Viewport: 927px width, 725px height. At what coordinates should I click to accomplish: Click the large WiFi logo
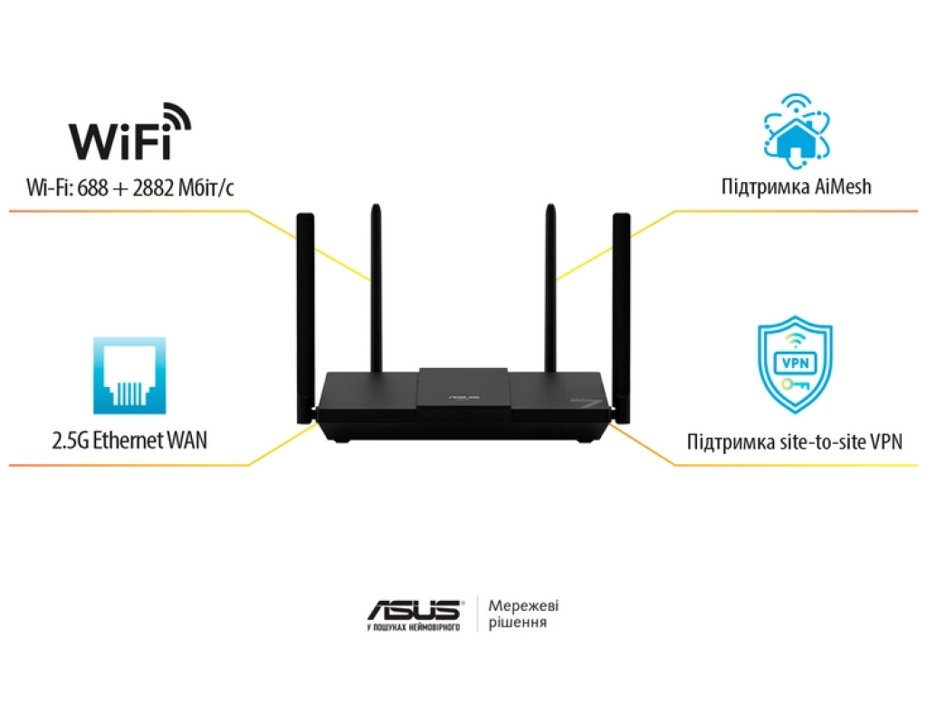coord(130,136)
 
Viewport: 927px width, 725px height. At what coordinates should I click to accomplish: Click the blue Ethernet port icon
coord(129,376)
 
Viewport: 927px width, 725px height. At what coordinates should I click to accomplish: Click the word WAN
coord(186,441)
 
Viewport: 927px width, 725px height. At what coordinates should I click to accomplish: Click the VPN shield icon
coord(794,365)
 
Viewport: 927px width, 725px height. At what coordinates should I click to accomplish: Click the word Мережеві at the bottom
coord(523,605)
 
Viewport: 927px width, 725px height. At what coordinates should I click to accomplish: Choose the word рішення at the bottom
coord(517,623)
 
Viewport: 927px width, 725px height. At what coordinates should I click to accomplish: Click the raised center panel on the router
coord(463,390)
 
